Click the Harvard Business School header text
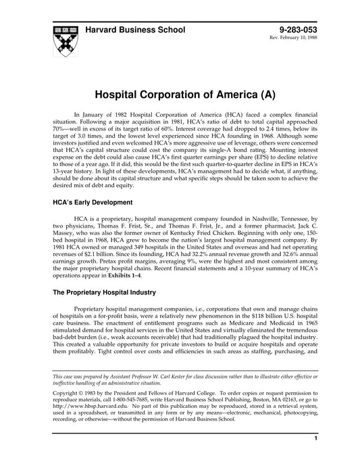(x=134, y=30)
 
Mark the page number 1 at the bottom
(x=316, y=457)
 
